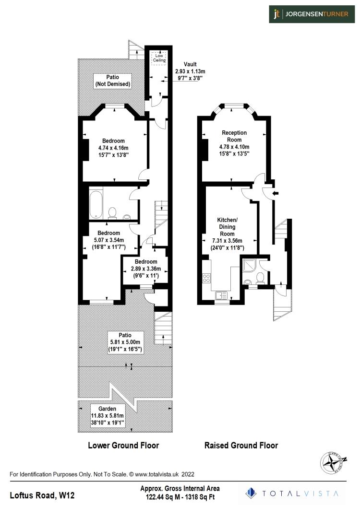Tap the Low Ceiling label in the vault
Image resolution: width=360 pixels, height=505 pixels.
[159, 58]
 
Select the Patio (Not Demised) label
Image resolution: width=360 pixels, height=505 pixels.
[112, 81]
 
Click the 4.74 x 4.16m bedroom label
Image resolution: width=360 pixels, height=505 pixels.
[113, 148]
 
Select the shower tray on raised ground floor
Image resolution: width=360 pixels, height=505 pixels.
[250, 263]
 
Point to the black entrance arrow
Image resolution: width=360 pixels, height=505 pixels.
[274, 193]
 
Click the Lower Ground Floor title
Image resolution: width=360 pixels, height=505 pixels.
[123, 445]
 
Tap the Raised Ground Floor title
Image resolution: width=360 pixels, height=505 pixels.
[241, 445]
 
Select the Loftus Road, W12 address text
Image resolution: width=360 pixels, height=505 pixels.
[42, 494]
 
